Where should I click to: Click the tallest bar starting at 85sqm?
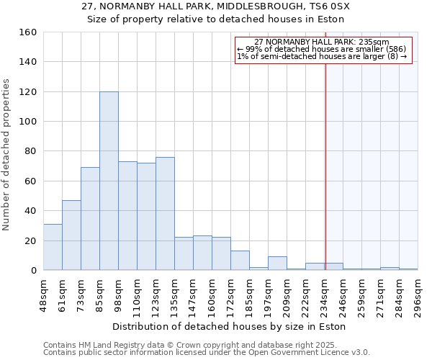pyautogui.click(x=109, y=181)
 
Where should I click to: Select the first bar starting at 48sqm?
pyautogui.click(x=53, y=247)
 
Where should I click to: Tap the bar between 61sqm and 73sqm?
pyautogui.click(x=71, y=235)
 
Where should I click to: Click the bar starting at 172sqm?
pyautogui.click(x=240, y=260)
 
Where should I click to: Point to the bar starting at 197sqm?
pyautogui.click(x=277, y=263)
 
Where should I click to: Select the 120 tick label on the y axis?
pyautogui.click(x=28, y=92)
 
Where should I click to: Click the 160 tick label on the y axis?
pyautogui.click(x=28, y=32)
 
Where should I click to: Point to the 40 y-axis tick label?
pyautogui.click(x=31, y=211)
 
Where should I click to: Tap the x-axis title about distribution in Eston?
pyautogui.click(x=230, y=326)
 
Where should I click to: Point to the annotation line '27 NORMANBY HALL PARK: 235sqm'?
pyautogui.click(x=322, y=42)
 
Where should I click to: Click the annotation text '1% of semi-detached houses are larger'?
pyautogui.click(x=322, y=56)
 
